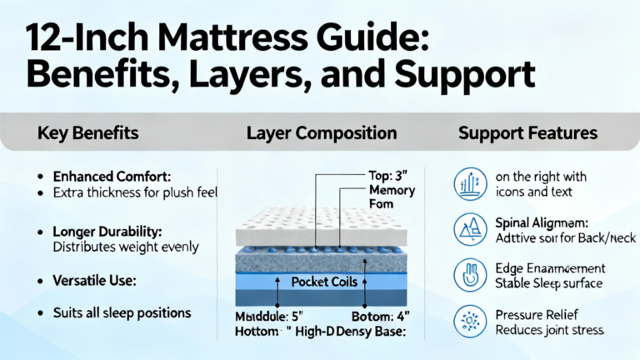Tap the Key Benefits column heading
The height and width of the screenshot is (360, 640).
pos(88,133)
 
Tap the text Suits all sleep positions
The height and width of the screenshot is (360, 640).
pos(122,313)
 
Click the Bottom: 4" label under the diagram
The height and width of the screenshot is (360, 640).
pos(382,317)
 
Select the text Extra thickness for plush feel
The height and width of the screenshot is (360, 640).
pos(123,193)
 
